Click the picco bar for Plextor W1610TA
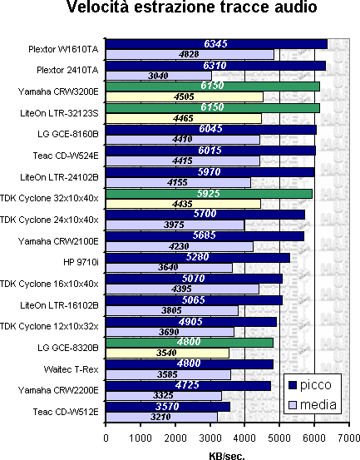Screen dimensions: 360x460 (216, 44)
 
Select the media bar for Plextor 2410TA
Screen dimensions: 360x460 (159, 76)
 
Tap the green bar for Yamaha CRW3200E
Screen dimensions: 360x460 (213, 87)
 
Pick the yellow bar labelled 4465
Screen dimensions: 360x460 (184, 118)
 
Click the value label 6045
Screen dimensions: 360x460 (210, 129)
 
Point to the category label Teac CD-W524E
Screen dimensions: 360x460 (66, 156)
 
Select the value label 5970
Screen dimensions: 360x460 (209, 172)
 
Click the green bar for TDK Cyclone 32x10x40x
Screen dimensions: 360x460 (209, 194)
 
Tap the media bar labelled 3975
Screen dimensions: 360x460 (175, 225)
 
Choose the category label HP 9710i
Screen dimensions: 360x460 (81, 262)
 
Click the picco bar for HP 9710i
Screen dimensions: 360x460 (198, 258)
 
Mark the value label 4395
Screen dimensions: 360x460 (181, 289)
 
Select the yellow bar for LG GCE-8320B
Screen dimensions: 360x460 (167, 354)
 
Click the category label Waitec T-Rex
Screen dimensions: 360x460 (72, 369)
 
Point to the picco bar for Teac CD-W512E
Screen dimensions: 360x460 (168, 407)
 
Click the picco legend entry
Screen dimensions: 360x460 (310, 385)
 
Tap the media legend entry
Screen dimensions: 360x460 (313, 405)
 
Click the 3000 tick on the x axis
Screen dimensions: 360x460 (210, 438)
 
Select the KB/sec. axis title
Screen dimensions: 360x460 (227, 456)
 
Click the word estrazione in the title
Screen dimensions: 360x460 (175, 7)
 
